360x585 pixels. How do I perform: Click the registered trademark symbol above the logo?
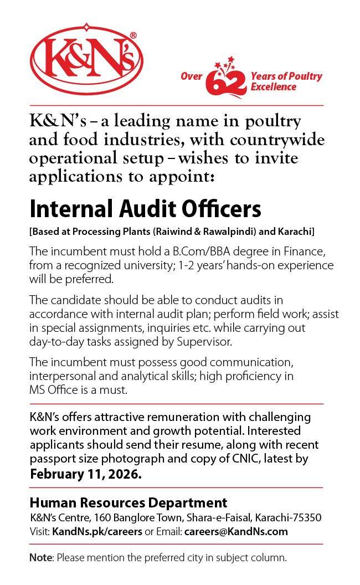pyautogui.click(x=133, y=35)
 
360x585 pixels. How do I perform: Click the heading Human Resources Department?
pyautogui.click(x=128, y=503)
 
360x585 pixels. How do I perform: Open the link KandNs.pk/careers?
pyautogui.click(x=97, y=531)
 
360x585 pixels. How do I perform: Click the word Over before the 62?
pyautogui.click(x=191, y=76)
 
